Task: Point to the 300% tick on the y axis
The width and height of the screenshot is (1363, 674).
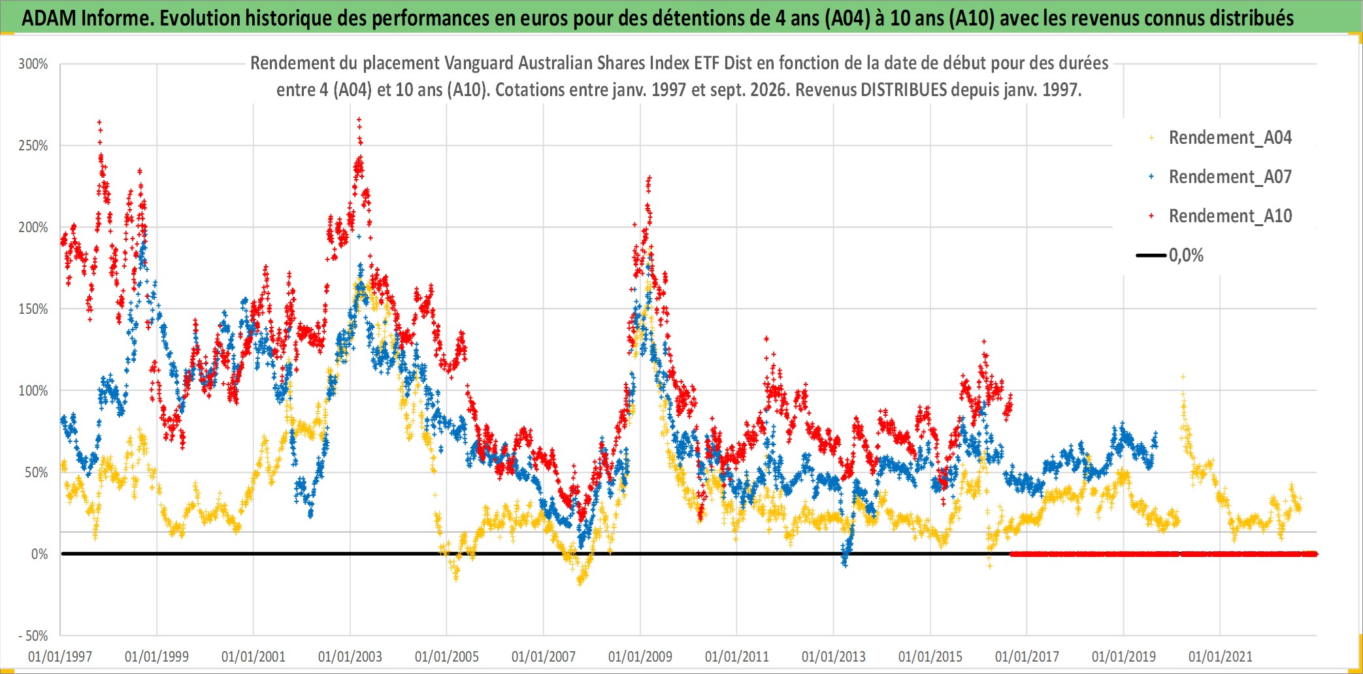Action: click(x=33, y=64)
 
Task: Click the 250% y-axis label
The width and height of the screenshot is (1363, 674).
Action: click(x=33, y=146)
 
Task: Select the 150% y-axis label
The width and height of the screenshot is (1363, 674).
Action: click(x=33, y=309)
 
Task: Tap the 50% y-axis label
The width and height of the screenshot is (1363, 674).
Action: click(x=37, y=473)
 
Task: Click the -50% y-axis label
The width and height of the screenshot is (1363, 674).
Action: click(x=33, y=636)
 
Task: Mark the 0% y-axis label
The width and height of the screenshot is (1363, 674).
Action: click(x=40, y=554)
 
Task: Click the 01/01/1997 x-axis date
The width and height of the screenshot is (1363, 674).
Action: click(x=60, y=656)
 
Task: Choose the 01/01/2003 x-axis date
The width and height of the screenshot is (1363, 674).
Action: click(x=350, y=656)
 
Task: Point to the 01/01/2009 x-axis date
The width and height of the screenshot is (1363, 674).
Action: click(x=640, y=656)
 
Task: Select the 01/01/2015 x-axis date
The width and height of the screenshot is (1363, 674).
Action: click(x=930, y=656)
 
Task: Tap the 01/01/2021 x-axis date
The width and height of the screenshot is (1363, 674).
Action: click(x=1221, y=656)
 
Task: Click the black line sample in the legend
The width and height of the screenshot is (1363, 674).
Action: click(x=1151, y=256)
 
